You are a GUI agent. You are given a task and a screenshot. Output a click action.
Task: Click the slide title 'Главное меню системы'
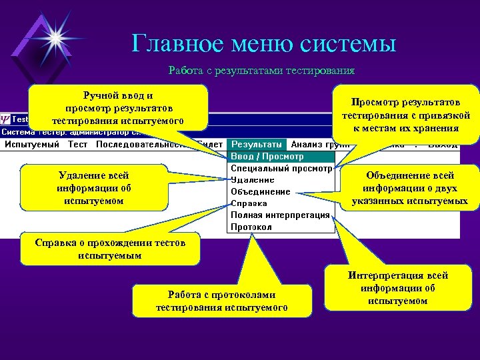tap(263, 43)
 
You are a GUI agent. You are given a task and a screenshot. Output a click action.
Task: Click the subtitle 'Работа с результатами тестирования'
tap(261, 70)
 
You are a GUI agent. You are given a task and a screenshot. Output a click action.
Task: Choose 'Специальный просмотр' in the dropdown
tap(281, 168)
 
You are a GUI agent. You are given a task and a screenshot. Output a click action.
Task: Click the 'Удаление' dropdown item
tap(253, 180)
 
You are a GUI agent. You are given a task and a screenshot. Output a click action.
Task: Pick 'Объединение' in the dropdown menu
tap(260, 191)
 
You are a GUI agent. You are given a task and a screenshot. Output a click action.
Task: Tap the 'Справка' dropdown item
tap(249, 203)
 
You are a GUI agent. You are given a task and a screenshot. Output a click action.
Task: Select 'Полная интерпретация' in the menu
tap(280, 215)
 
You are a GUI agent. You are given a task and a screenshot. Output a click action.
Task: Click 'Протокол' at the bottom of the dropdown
tap(251, 227)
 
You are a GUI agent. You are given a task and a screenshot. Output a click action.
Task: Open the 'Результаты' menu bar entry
tap(256, 145)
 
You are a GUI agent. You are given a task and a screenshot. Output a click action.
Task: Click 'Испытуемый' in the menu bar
tap(32, 145)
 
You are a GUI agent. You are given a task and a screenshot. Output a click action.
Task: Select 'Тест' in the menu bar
tap(77, 145)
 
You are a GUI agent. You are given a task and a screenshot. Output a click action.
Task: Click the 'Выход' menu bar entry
tap(443, 145)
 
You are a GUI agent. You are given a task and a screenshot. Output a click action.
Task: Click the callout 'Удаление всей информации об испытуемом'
tap(94, 188)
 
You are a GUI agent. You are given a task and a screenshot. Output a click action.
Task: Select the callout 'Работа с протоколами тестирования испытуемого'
tap(222, 301)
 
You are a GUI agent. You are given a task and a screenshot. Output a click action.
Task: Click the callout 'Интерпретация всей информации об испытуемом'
tap(397, 288)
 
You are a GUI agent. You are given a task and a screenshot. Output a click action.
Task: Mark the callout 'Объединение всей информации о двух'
tap(410, 188)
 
